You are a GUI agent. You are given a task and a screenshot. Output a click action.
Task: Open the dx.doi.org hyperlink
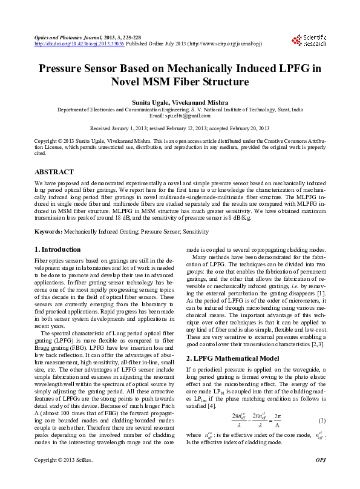pos(79,44)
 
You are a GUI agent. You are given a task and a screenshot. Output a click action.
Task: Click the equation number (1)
pos(322,421)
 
